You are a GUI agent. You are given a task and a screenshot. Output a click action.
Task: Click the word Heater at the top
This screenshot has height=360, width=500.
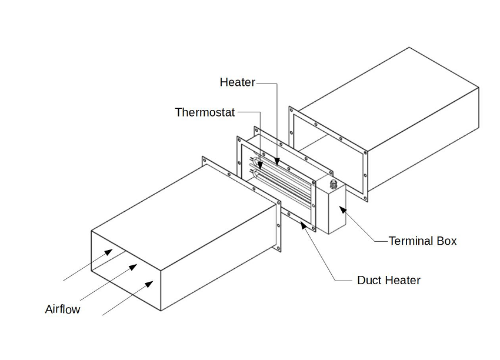coord(237,82)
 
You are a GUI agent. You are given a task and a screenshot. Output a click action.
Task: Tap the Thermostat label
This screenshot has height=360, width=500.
coord(205,112)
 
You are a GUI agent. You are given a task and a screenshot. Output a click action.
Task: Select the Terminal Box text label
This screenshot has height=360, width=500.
coord(422,241)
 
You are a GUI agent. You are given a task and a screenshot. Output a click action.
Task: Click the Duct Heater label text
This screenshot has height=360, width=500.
coord(389,280)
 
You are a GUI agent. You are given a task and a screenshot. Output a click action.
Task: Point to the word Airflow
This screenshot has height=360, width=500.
coord(62,309)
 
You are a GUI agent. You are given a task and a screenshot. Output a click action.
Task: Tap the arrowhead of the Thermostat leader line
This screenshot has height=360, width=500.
coord(261,161)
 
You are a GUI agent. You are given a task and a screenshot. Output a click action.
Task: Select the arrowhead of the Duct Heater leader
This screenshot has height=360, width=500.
coord(304,225)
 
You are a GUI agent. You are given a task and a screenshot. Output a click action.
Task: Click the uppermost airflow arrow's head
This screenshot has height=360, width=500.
coord(111,252)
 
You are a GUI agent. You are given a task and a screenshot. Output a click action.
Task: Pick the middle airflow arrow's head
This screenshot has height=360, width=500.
coord(134,267)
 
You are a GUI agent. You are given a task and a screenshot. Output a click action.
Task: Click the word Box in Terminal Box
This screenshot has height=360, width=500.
coord(446,241)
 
